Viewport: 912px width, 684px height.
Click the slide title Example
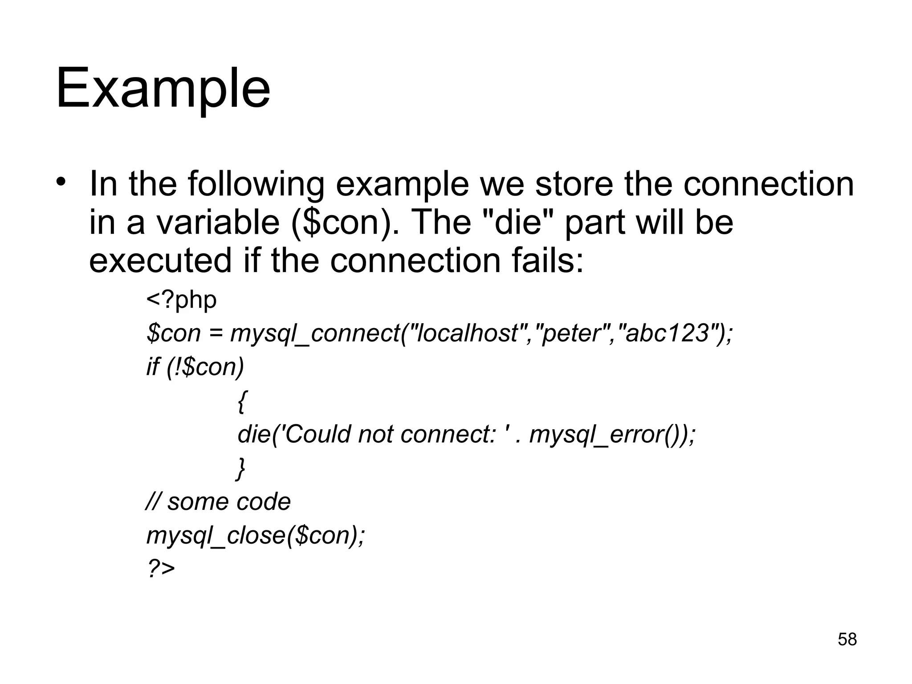coord(163,89)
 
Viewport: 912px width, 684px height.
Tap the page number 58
coord(847,639)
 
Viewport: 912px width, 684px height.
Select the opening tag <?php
coord(181,300)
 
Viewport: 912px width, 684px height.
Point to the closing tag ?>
coord(161,569)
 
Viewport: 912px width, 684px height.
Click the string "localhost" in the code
coord(468,333)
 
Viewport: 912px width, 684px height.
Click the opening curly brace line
coord(241,401)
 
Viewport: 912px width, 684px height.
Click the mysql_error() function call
coord(607,435)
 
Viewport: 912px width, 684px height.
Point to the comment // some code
coord(218,502)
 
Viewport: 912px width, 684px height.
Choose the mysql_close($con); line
coord(256,535)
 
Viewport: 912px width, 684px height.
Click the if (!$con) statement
coord(195,367)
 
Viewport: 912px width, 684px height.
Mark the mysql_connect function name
coord(315,334)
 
